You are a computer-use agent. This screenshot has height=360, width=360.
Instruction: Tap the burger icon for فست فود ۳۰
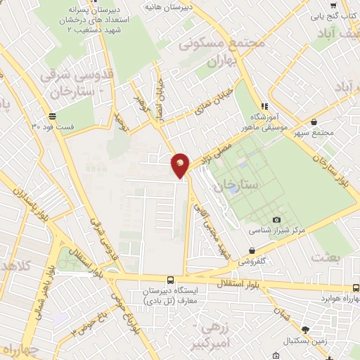click(52, 116)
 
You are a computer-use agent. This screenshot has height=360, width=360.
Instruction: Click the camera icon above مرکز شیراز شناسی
click(276, 220)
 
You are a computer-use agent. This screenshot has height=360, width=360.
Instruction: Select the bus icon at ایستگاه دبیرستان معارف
click(171, 280)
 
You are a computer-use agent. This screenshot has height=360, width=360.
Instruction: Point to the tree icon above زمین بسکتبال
click(304, 329)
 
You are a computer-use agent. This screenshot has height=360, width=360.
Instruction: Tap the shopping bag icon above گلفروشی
click(252, 250)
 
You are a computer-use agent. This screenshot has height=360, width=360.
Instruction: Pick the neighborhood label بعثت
click(327, 257)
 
